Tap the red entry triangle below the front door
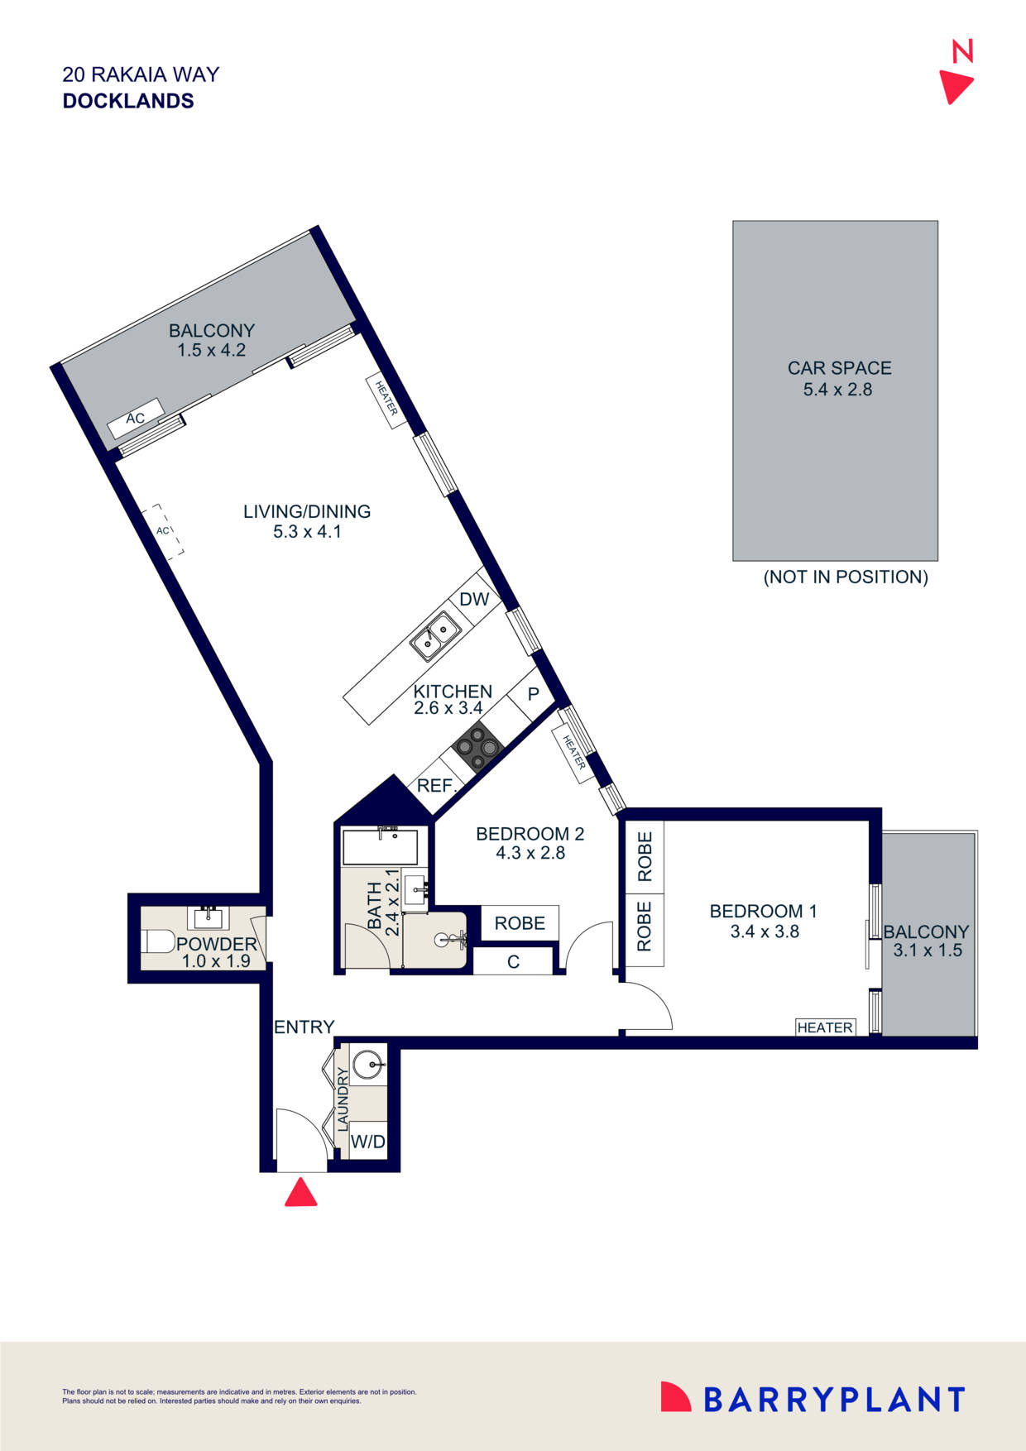300,1193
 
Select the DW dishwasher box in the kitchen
474,599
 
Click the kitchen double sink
437,635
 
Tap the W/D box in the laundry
368,1142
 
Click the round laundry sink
368,1064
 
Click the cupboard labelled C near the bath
513,962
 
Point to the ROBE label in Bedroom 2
520,922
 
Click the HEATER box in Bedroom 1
825,1027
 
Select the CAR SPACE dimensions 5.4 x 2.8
837,390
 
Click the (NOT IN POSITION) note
845,577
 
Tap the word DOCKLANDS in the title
128,101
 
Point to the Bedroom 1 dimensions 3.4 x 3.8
764,931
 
